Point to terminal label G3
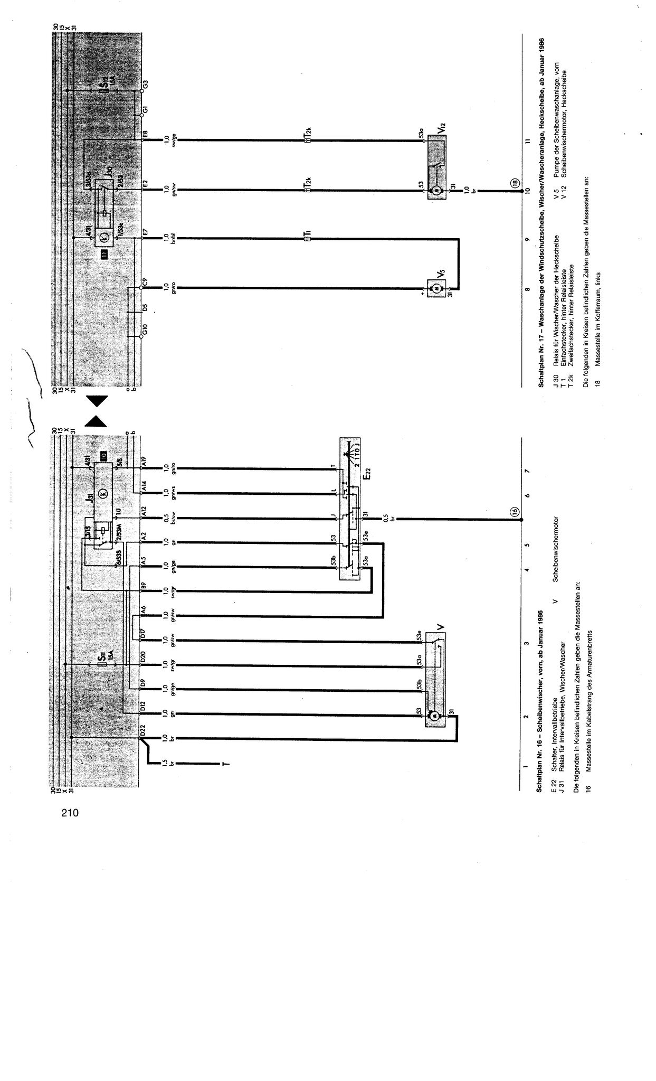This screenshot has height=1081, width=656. (x=145, y=83)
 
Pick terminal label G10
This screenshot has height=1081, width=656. (x=145, y=332)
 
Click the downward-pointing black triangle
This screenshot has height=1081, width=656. (x=97, y=401)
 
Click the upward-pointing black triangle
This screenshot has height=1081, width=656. (x=97, y=421)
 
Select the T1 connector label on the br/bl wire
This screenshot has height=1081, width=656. (x=307, y=234)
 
